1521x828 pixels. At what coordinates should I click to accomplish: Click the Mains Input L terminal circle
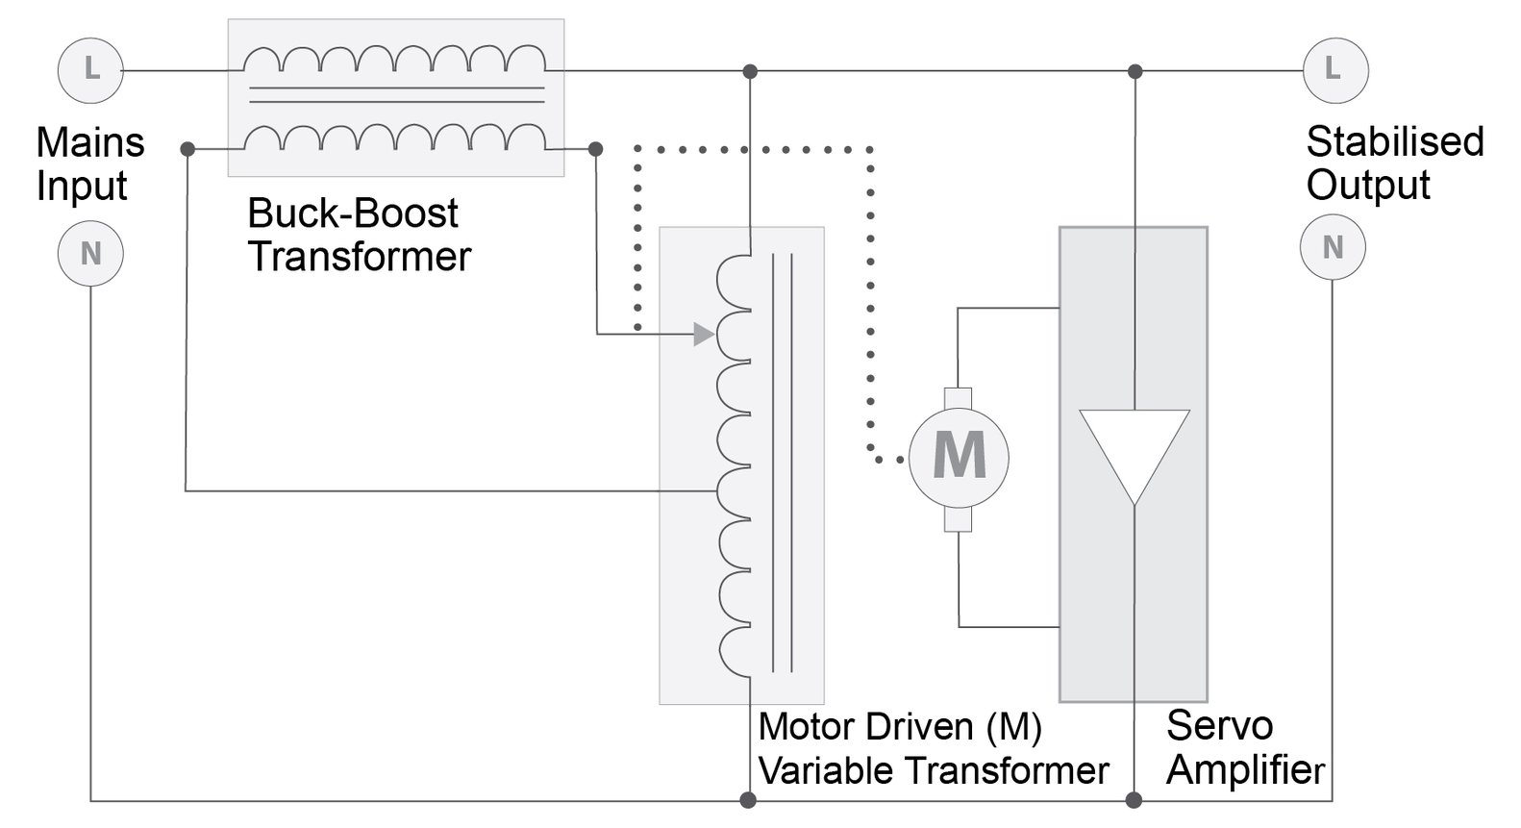coord(90,69)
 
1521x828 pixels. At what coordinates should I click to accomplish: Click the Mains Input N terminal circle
coord(90,254)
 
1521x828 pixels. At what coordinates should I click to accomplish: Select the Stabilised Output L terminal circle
coord(1334,68)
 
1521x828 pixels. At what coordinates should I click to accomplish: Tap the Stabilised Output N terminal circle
coord(1333,248)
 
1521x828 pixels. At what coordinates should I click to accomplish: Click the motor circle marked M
coord(959,457)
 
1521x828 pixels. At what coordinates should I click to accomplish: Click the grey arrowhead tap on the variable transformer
coord(704,334)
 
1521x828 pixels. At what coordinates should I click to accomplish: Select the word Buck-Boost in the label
coord(353,213)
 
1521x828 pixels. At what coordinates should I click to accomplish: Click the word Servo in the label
coord(1219,726)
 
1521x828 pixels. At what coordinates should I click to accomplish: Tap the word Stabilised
coord(1395,142)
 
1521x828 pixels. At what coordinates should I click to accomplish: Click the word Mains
coord(90,142)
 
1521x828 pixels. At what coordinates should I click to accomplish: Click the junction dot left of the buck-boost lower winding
coord(188,149)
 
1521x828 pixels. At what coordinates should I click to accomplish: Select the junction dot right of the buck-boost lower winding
coord(596,149)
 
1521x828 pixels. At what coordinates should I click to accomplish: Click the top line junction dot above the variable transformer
coord(750,71)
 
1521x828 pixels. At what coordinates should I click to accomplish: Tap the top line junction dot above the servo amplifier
coord(1135,71)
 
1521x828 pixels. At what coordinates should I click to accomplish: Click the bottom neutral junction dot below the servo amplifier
coord(1135,800)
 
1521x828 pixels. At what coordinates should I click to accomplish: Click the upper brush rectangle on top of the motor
coord(959,397)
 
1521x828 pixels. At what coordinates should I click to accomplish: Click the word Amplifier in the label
coord(1246,771)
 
